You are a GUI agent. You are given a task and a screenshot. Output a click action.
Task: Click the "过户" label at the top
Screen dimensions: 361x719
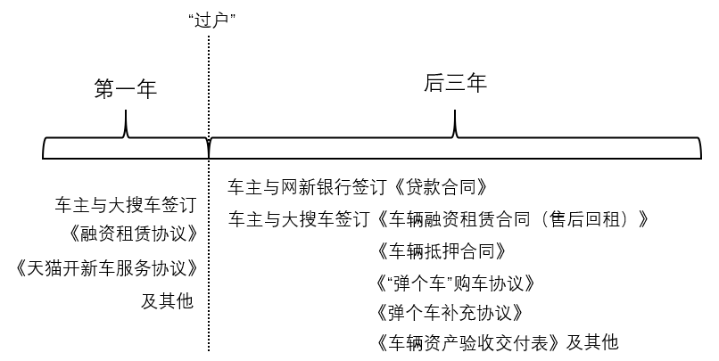pos(211,20)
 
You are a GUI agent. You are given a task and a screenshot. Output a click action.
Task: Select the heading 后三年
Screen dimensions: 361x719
pos(455,85)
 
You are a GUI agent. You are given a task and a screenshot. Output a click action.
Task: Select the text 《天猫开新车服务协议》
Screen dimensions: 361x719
pos(106,268)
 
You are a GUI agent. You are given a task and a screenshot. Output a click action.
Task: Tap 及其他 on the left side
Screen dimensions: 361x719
pos(167,300)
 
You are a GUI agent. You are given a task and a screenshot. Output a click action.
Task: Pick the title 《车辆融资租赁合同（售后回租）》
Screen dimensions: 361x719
pos(514,218)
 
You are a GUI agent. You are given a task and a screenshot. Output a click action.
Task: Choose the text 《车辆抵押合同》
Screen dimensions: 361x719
pos(443,250)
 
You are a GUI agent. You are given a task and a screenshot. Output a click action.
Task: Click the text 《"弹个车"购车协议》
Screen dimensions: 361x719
pos(456,283)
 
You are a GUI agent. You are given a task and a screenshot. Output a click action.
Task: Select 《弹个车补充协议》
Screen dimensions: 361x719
pos(450,314)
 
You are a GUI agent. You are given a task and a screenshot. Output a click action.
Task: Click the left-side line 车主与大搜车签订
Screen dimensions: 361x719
pos(124,204)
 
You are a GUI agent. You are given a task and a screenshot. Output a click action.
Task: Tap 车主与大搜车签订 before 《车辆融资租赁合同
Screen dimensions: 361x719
pos(302,218)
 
